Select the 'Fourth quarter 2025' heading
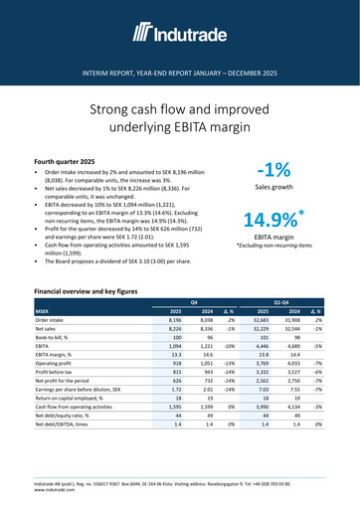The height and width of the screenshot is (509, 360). pos(71,160)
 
